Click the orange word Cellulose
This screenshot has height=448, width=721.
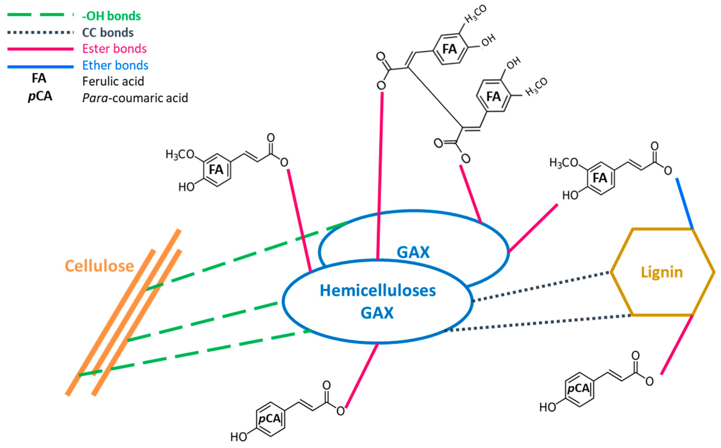(x=99, y=266)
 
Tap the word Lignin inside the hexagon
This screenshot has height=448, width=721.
(x=662, y=272)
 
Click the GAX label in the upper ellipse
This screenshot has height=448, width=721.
(x=413, y=252)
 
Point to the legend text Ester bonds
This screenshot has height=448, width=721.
(x=114, y=49)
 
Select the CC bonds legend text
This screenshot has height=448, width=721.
(x=108, y=32)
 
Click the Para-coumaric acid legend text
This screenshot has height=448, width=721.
(x=135, y=98)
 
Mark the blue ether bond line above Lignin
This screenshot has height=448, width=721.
(x=685, y=203)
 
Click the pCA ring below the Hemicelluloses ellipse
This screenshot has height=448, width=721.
(x=270, y=419)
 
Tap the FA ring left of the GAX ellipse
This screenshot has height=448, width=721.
(x=216, y=170)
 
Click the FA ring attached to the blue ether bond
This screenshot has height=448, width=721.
(x=600, y=178)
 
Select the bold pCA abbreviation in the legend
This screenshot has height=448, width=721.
(x=40, y=96)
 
